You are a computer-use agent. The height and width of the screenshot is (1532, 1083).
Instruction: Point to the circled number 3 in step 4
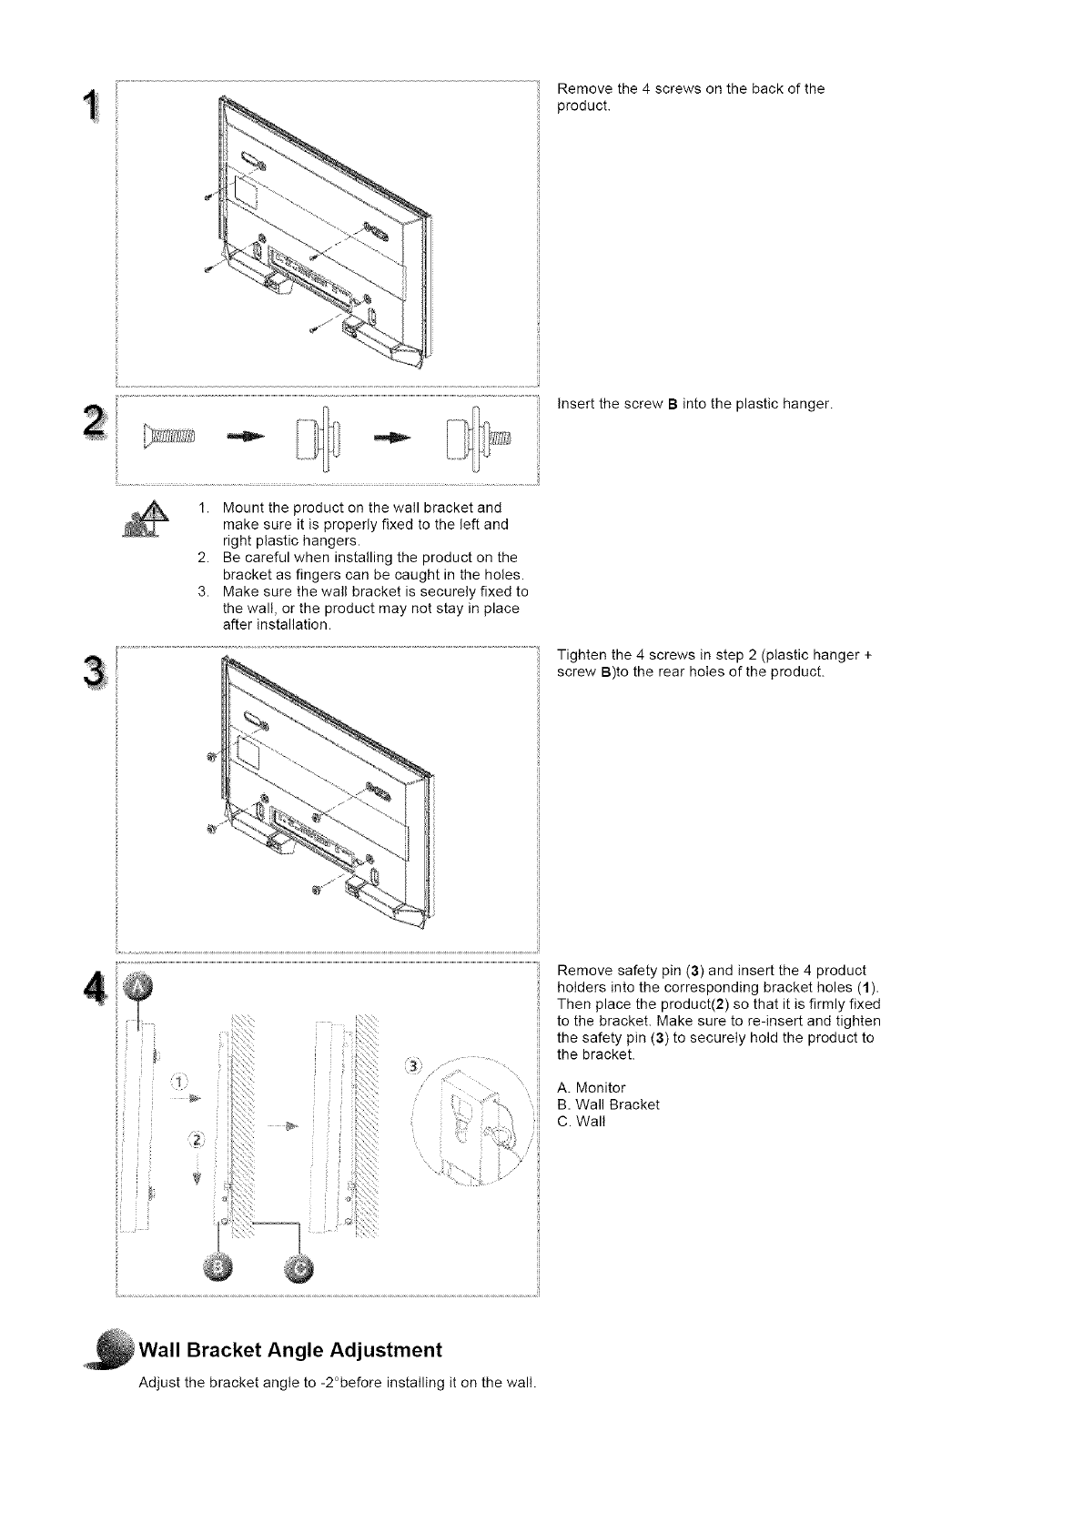[x=414, y=1066]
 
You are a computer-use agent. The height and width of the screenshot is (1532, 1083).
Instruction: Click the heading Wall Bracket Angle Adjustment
[x=289, y=1348]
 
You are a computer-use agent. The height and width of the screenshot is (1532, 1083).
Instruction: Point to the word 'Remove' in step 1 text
[x=582, y=89]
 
